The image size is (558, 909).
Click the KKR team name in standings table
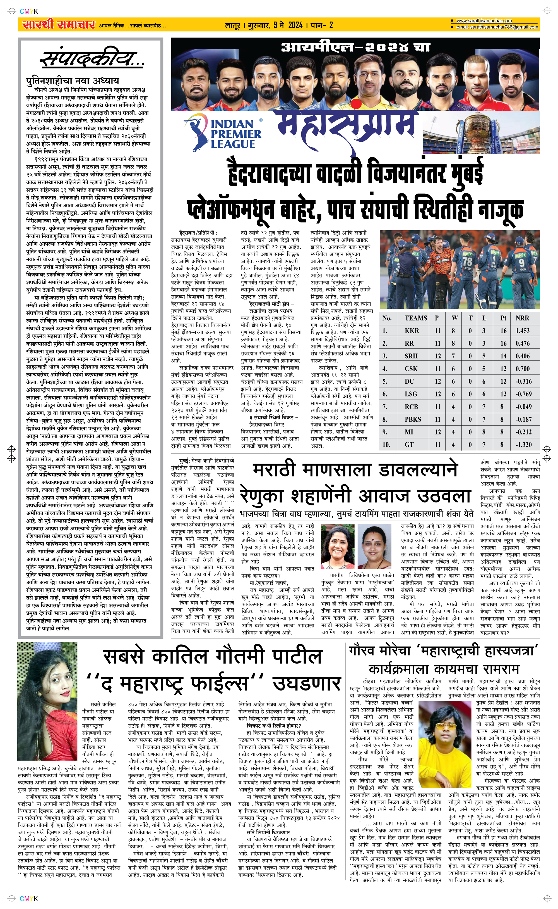tap(412, 331)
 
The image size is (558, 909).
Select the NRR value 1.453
tap(523, 331)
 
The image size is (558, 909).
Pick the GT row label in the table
tap(409, 445)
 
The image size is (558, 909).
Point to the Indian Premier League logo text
tap(235, 134)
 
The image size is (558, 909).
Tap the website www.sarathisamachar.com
tap(484, 21)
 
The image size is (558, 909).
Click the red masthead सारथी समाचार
tap(58, 25)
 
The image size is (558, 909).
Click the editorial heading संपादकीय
tap(92, 59)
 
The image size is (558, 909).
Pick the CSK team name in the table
tap(411, 369)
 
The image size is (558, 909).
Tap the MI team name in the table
tap(409, 432)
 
